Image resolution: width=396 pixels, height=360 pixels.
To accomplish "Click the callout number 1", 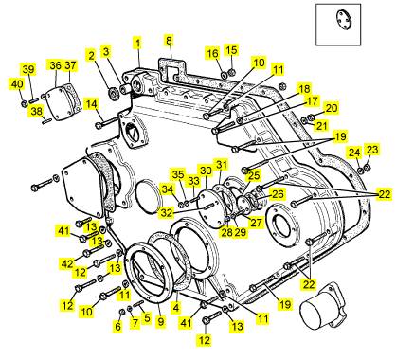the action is click(x=137, y=43).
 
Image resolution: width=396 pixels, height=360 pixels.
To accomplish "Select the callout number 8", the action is click(x=169, y=41).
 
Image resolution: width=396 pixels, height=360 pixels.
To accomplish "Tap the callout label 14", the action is click(x=92, y=103).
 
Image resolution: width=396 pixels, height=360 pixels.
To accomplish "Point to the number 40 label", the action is click(x=17, y=84).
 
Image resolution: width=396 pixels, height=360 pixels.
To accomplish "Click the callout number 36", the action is click(x=56, y=65).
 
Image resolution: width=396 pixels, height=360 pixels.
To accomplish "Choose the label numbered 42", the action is click(x=67, y=263).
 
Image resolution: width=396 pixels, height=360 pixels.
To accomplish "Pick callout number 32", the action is click(x=167, y=212).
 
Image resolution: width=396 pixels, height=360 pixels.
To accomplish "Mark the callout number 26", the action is click(x=278, y=194).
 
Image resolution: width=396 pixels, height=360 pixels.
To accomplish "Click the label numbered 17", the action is click(x=312, y=101).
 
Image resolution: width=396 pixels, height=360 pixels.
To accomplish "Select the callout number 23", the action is click(x=372, y=150).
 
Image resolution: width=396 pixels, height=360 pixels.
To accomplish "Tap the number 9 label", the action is click(x=161, y=322).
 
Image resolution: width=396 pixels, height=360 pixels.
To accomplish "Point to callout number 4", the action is click(x=175, y=307).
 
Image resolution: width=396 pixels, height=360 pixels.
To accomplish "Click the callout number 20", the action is click(x=332, y=108).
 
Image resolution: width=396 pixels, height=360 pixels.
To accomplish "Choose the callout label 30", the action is click(x=206, y=171).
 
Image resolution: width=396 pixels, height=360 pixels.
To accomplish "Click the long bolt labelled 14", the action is click(x=107, y=123).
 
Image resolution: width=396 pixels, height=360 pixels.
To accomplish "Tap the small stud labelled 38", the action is click(x=46, y=120).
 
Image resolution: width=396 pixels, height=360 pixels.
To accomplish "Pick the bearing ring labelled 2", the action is click(x=113, y=93).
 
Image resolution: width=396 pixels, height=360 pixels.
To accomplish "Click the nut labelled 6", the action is click(x=122, y=312).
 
